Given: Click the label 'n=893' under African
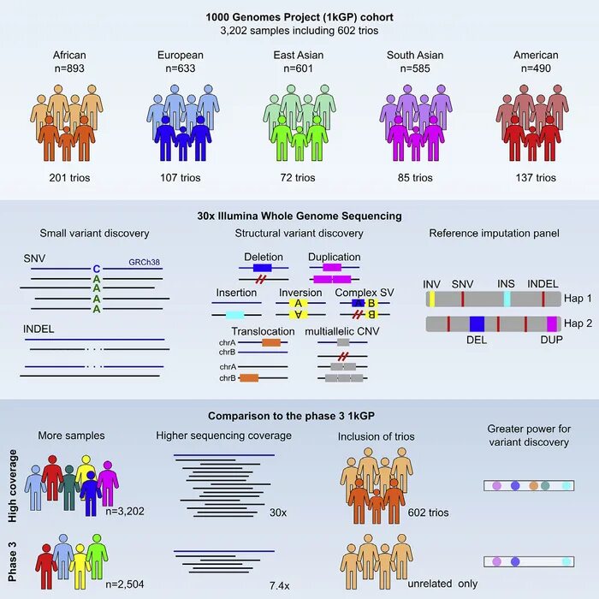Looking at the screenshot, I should click(x=69, y=69).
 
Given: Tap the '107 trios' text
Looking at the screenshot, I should click(x=181, y=178).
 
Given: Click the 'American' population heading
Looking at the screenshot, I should click(x=536, y=56).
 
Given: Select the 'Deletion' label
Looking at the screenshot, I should click(x=263, y=257).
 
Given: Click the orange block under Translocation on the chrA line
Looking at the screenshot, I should click(x=270, y=342).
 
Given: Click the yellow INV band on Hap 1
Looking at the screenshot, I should click(x=433, y=298).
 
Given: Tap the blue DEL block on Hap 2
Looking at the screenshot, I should click(x=477, y=324).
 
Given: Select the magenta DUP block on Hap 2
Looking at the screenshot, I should click(x=552, y=324).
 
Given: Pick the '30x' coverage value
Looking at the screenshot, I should click(x=278, y=512).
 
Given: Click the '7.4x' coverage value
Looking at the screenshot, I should click(x=280, y=584).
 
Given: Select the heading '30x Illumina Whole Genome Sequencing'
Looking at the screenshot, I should click(x=299, y=216).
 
